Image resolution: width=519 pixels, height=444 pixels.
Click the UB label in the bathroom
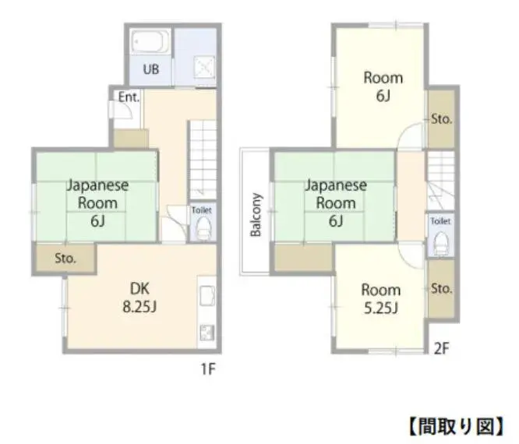coord(151,69)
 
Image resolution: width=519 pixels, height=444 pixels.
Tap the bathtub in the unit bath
coord(150,42)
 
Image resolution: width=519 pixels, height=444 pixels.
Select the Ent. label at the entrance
coord(129,97)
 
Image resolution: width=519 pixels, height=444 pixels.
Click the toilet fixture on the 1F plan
coord(203,228)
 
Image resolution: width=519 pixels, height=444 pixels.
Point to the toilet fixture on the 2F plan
coord(440,243)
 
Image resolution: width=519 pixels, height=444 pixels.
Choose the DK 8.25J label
coord(139,298)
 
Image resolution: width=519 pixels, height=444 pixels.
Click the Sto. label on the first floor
coord(65,258)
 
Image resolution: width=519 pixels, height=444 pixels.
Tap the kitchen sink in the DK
coord(207,295)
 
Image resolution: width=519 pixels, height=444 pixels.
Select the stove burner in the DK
coord(207,333)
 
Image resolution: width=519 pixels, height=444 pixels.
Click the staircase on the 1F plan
coord(203,160)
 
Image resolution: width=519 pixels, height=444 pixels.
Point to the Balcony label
coord(256,215)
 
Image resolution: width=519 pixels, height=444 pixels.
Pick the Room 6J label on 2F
coord(383,86)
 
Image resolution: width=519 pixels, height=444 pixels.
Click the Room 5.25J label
coord(381,299)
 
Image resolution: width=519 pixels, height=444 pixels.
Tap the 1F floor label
coord(209,368)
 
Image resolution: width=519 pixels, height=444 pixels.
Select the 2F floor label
coord(442,348)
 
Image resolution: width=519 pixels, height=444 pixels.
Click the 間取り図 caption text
coord(457,426)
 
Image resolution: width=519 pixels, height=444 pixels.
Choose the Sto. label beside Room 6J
coord(442,118)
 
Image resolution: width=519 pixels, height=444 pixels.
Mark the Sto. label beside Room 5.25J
coord(442,288)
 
